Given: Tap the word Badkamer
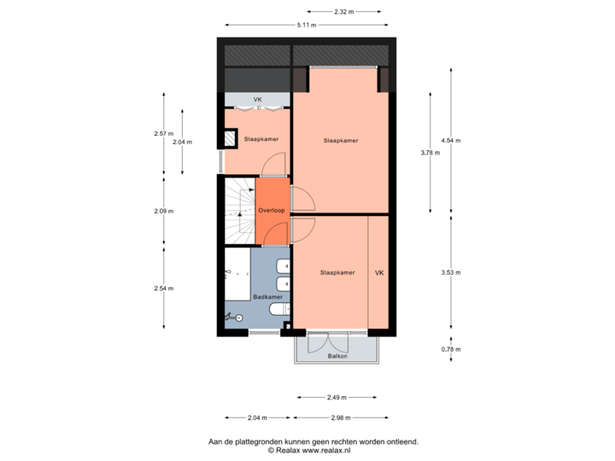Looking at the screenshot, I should pos(268,296).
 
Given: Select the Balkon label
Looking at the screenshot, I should pos(337,356).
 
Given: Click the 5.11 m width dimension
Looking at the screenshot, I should pos(307,26).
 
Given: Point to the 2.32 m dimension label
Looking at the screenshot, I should pos(343,12).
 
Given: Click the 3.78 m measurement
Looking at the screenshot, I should pos(430,153).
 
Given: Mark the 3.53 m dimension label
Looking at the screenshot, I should pos(450,272).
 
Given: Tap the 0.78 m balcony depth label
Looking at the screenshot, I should pos(450,348).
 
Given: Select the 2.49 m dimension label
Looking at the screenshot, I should pos(337,397).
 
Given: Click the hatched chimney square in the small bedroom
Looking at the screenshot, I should pos(230,138).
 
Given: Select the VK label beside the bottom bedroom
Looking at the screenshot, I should pos(379,273).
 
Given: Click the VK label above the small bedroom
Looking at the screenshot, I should pos(257,101).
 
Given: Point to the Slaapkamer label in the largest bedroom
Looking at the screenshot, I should pos(341,141).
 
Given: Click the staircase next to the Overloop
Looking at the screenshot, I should pos(238,210).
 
